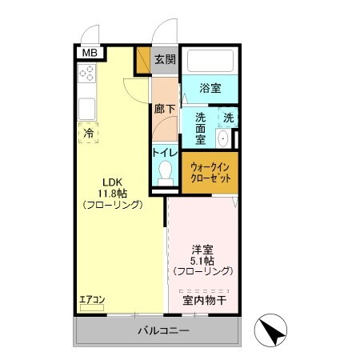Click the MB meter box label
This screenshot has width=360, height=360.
[88, 53]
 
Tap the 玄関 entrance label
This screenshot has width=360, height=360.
[165, 59]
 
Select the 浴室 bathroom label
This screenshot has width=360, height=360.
[211, 88]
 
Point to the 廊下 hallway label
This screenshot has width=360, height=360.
[163, 107]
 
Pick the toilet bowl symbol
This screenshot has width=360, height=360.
[166, 171]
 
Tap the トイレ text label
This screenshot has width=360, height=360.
[165, 152]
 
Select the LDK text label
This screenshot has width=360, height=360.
[111, 180]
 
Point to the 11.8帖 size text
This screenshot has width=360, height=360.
[112, 192]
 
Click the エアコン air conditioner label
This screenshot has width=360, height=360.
[92, 301]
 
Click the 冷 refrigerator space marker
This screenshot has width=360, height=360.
[87, 133]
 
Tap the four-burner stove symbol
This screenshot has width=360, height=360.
[88, 74]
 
